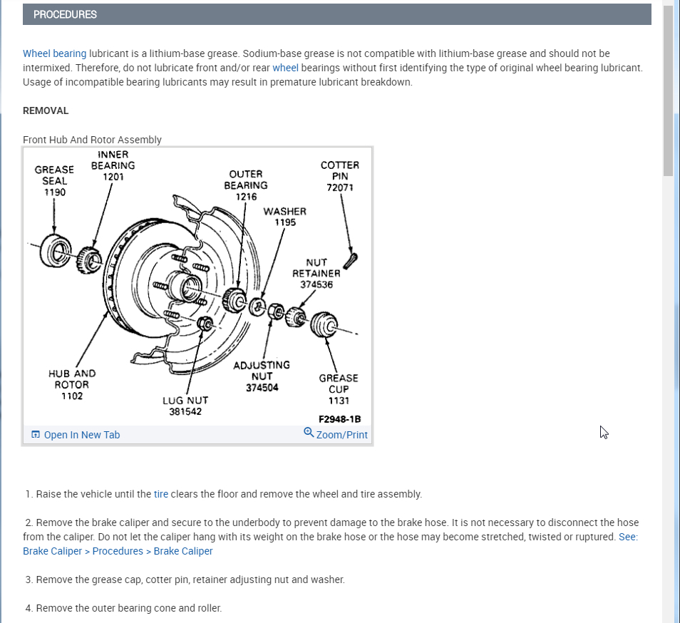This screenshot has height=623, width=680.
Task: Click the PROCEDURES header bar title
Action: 65,14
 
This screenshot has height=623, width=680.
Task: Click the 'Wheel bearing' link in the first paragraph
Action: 54,53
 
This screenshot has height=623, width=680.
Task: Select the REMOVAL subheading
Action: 46,110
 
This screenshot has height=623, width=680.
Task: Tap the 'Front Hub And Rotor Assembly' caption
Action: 92,140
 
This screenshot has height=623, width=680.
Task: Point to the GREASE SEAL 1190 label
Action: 54,181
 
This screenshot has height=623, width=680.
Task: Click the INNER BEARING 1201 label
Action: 113,165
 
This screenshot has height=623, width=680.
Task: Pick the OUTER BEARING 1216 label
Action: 246,185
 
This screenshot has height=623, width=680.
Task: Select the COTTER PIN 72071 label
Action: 340,176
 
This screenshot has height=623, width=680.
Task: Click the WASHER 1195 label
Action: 284,217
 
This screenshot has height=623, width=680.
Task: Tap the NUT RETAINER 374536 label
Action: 316,273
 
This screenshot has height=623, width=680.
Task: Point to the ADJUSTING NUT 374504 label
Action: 262,376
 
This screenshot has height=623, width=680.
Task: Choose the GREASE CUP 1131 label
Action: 339,389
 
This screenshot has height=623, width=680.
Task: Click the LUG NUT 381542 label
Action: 185,406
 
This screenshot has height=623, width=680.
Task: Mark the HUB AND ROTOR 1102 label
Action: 72,384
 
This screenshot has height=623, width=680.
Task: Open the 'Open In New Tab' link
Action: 81,435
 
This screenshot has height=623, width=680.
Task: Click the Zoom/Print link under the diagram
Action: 341,435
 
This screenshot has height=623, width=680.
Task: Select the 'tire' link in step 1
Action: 161,494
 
